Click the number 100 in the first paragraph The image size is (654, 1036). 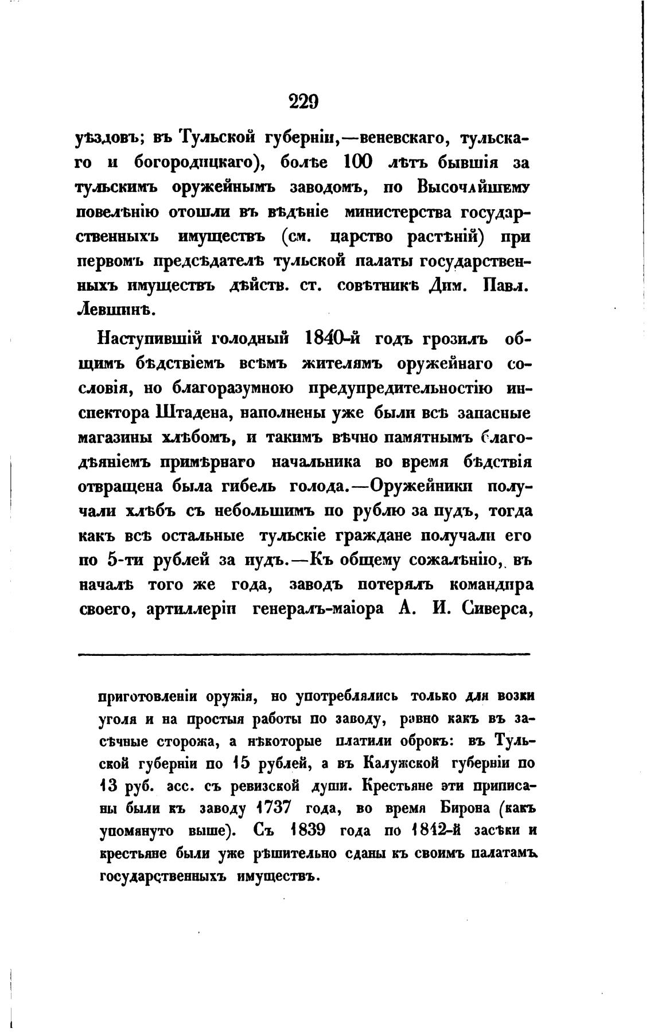[358, 162]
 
